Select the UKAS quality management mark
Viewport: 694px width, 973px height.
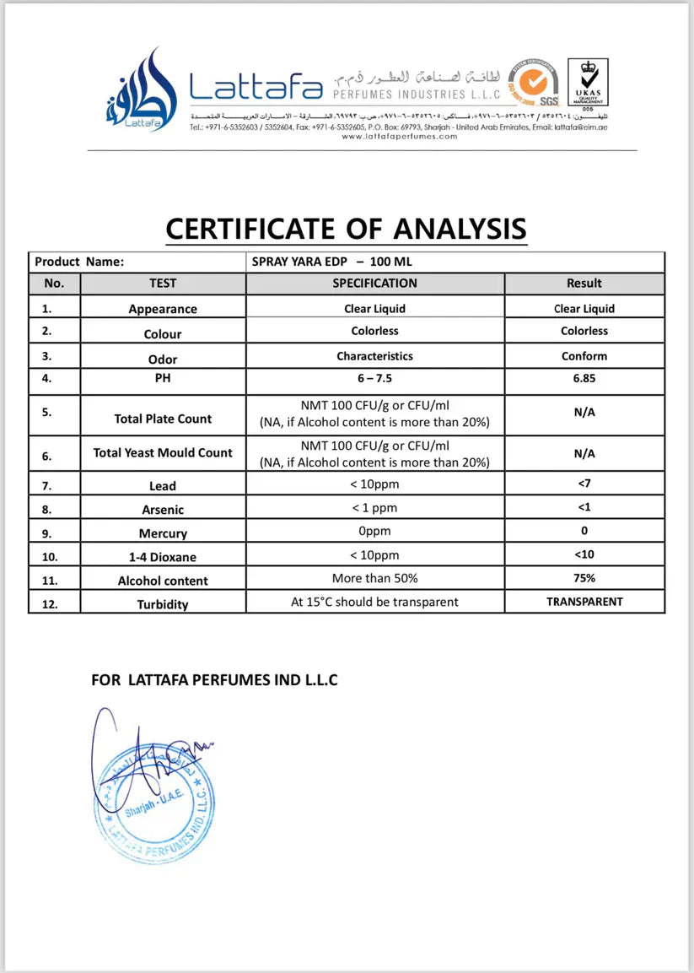(588, 82)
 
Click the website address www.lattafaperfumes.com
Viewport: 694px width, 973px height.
(400, 136)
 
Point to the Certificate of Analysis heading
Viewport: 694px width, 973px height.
(346, 228)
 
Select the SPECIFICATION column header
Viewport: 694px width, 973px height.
(374, 284)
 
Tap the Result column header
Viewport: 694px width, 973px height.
(584, 284)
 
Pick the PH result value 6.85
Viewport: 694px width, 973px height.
(584, 378)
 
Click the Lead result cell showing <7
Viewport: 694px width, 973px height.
(584, 484)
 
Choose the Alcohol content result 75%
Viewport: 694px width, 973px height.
(584, 578)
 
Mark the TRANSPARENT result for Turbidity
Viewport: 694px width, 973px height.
(584, 602)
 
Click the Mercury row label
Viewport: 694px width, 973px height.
(163, 533)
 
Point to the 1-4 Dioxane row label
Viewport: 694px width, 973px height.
(163, 556)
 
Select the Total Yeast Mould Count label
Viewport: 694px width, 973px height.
(163, 453)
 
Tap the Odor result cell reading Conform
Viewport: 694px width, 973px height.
(584, 356)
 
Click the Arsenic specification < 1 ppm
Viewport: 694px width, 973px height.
(374, 508)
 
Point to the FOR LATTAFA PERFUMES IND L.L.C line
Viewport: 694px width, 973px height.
(214, 679)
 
